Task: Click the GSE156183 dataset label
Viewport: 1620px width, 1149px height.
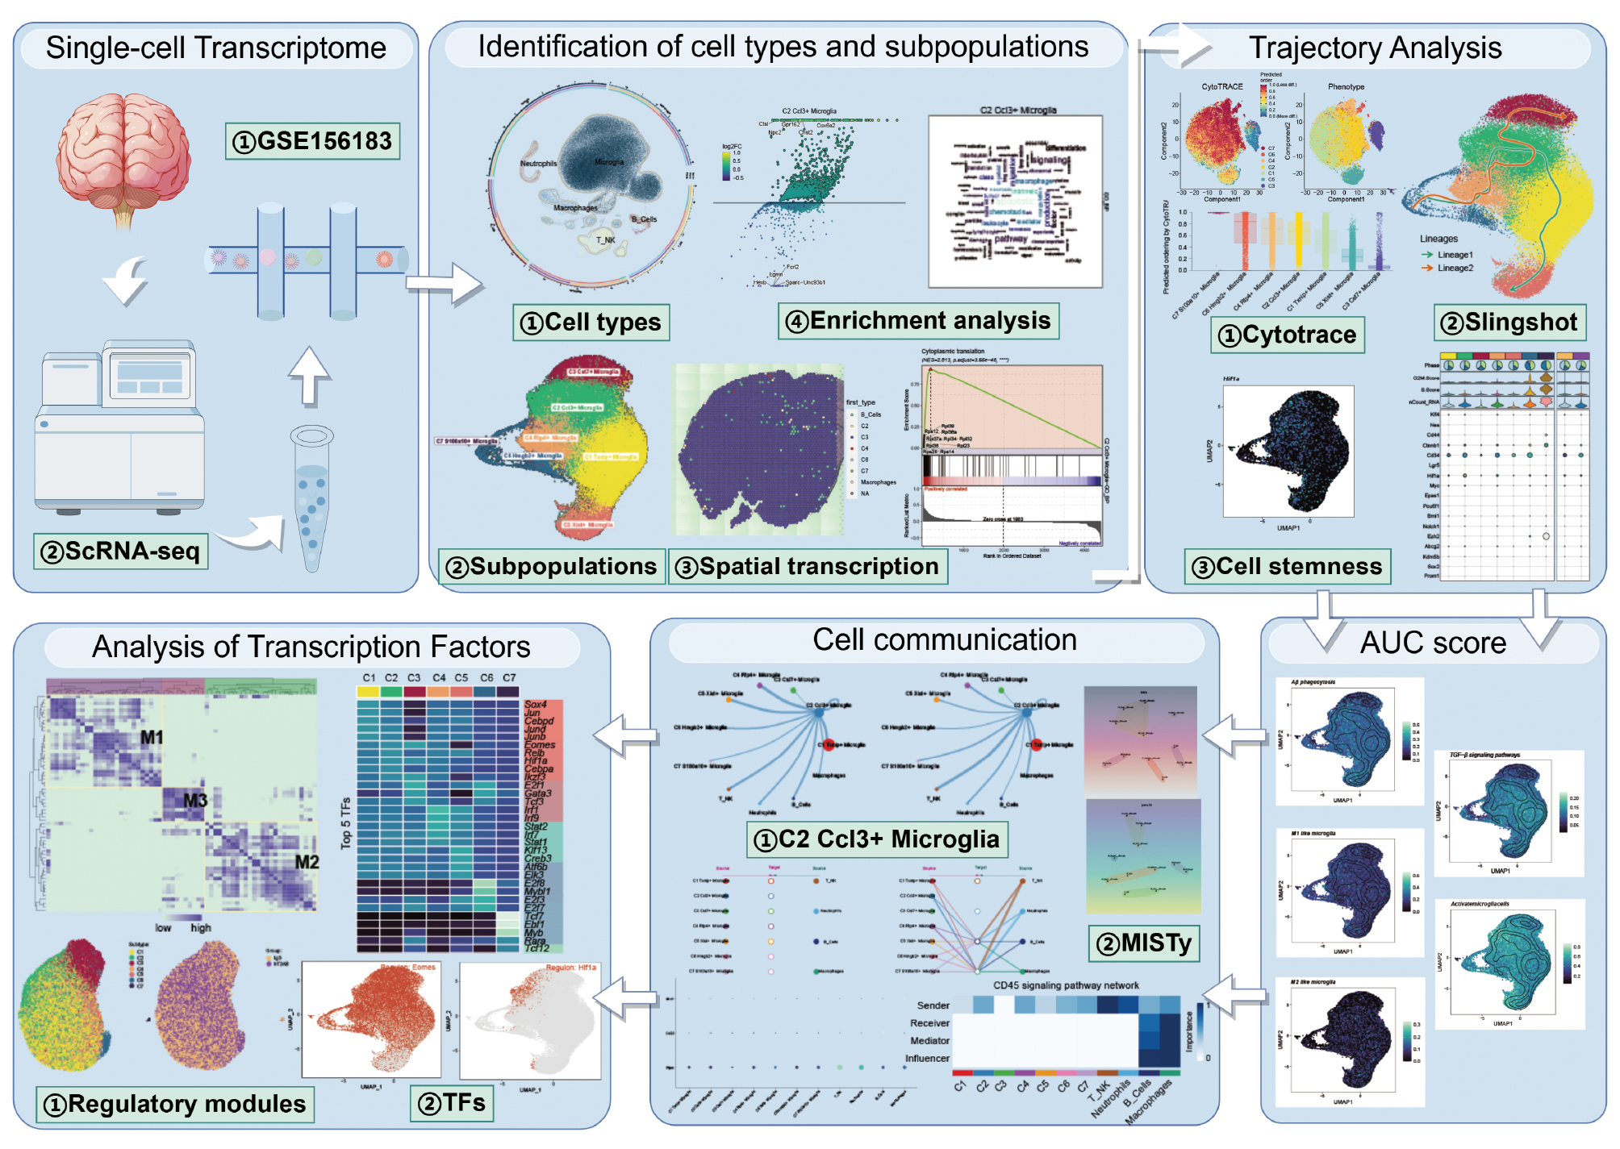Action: pyautogui.click(x=312, y=141)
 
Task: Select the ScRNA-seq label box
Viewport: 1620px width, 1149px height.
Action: pyautogui.click(x=121, y=552)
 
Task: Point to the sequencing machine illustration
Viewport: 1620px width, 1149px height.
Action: pyautogui.click(x=119, y=427)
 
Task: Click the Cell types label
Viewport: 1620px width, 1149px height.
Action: pyautogui.click(x=591, y=323)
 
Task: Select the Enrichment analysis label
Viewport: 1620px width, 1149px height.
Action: pyautogui.click(x=918, y=321)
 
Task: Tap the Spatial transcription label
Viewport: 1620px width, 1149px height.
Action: pyautogui.click(x=808, y=567)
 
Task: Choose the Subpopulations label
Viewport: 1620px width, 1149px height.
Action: pyautogui.click(x=552, y=567)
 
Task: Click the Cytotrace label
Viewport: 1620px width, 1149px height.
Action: pyautogui.click(x=1288, y=335)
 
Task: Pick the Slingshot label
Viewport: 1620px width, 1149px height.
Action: pyautogui.click(x=1509, y=323)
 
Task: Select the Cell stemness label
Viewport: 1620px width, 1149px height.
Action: pyautogui.click(x=1288, y=567)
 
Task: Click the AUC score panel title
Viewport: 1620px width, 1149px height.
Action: pyautogui.click(x=1433, y=643)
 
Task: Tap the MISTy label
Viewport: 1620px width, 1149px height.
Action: pyautogui.click(x=1144, y=943)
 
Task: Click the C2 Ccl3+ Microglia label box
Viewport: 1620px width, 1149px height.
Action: pyautogui.click(x=877, y=839)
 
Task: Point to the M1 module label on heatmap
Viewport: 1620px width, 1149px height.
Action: pyautogui.click(x=152, y=737)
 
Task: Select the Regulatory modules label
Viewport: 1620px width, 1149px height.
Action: pyautogui.click(x=175, y=1104)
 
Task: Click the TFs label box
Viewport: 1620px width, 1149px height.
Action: pyautogui.click(x=452, y=1102)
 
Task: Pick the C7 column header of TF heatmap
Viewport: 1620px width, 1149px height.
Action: pyautogui.click(x=509, y=678)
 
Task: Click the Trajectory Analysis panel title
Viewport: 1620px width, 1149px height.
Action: pyautogui.click(x=1375, y=48)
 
